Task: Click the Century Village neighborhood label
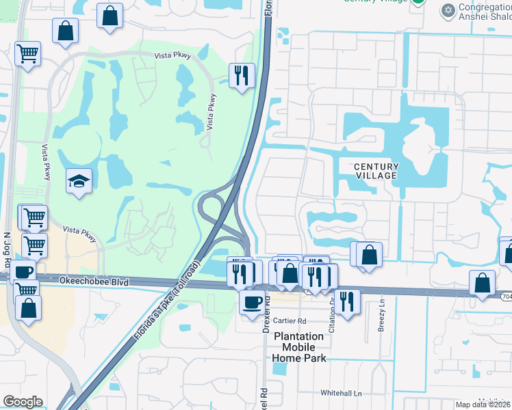tap(376, 171)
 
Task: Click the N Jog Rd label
tap(8, 243)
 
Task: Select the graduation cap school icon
tap(79, 182)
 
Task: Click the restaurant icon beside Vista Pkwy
tap(241, 76)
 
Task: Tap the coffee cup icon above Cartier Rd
tap(252, 301)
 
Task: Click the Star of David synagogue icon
tap(449, 10)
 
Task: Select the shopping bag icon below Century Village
tap(369, 254)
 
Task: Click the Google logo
tap(23, 402)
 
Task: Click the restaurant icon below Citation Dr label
tap(348, 301)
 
